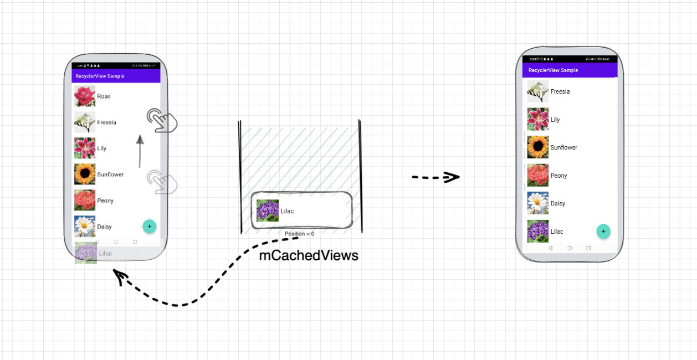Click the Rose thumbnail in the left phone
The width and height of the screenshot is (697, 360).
coord(85,96)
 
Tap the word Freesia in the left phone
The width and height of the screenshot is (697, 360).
coord(106,122)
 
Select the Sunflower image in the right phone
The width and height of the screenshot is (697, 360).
coord(537,147)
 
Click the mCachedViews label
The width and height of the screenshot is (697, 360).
coord(309,255)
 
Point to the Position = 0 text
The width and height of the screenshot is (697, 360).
coord(299,234)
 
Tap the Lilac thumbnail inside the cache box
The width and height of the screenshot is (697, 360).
coord(268,211)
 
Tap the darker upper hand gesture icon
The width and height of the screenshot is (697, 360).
coord(161,120)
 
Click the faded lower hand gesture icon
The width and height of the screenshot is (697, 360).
coord(161,182)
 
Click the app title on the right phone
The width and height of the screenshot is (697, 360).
coord(553,70)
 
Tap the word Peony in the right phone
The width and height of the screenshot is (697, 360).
coord(558,176)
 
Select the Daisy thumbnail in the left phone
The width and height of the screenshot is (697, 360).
coord(85,227)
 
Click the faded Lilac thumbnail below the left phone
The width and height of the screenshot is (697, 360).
coord(86,253)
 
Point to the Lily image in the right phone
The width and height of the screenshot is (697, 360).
coord(537,119)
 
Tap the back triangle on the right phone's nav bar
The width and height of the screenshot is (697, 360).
coord(550,248)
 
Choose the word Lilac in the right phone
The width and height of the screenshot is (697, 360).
coord(557,232)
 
